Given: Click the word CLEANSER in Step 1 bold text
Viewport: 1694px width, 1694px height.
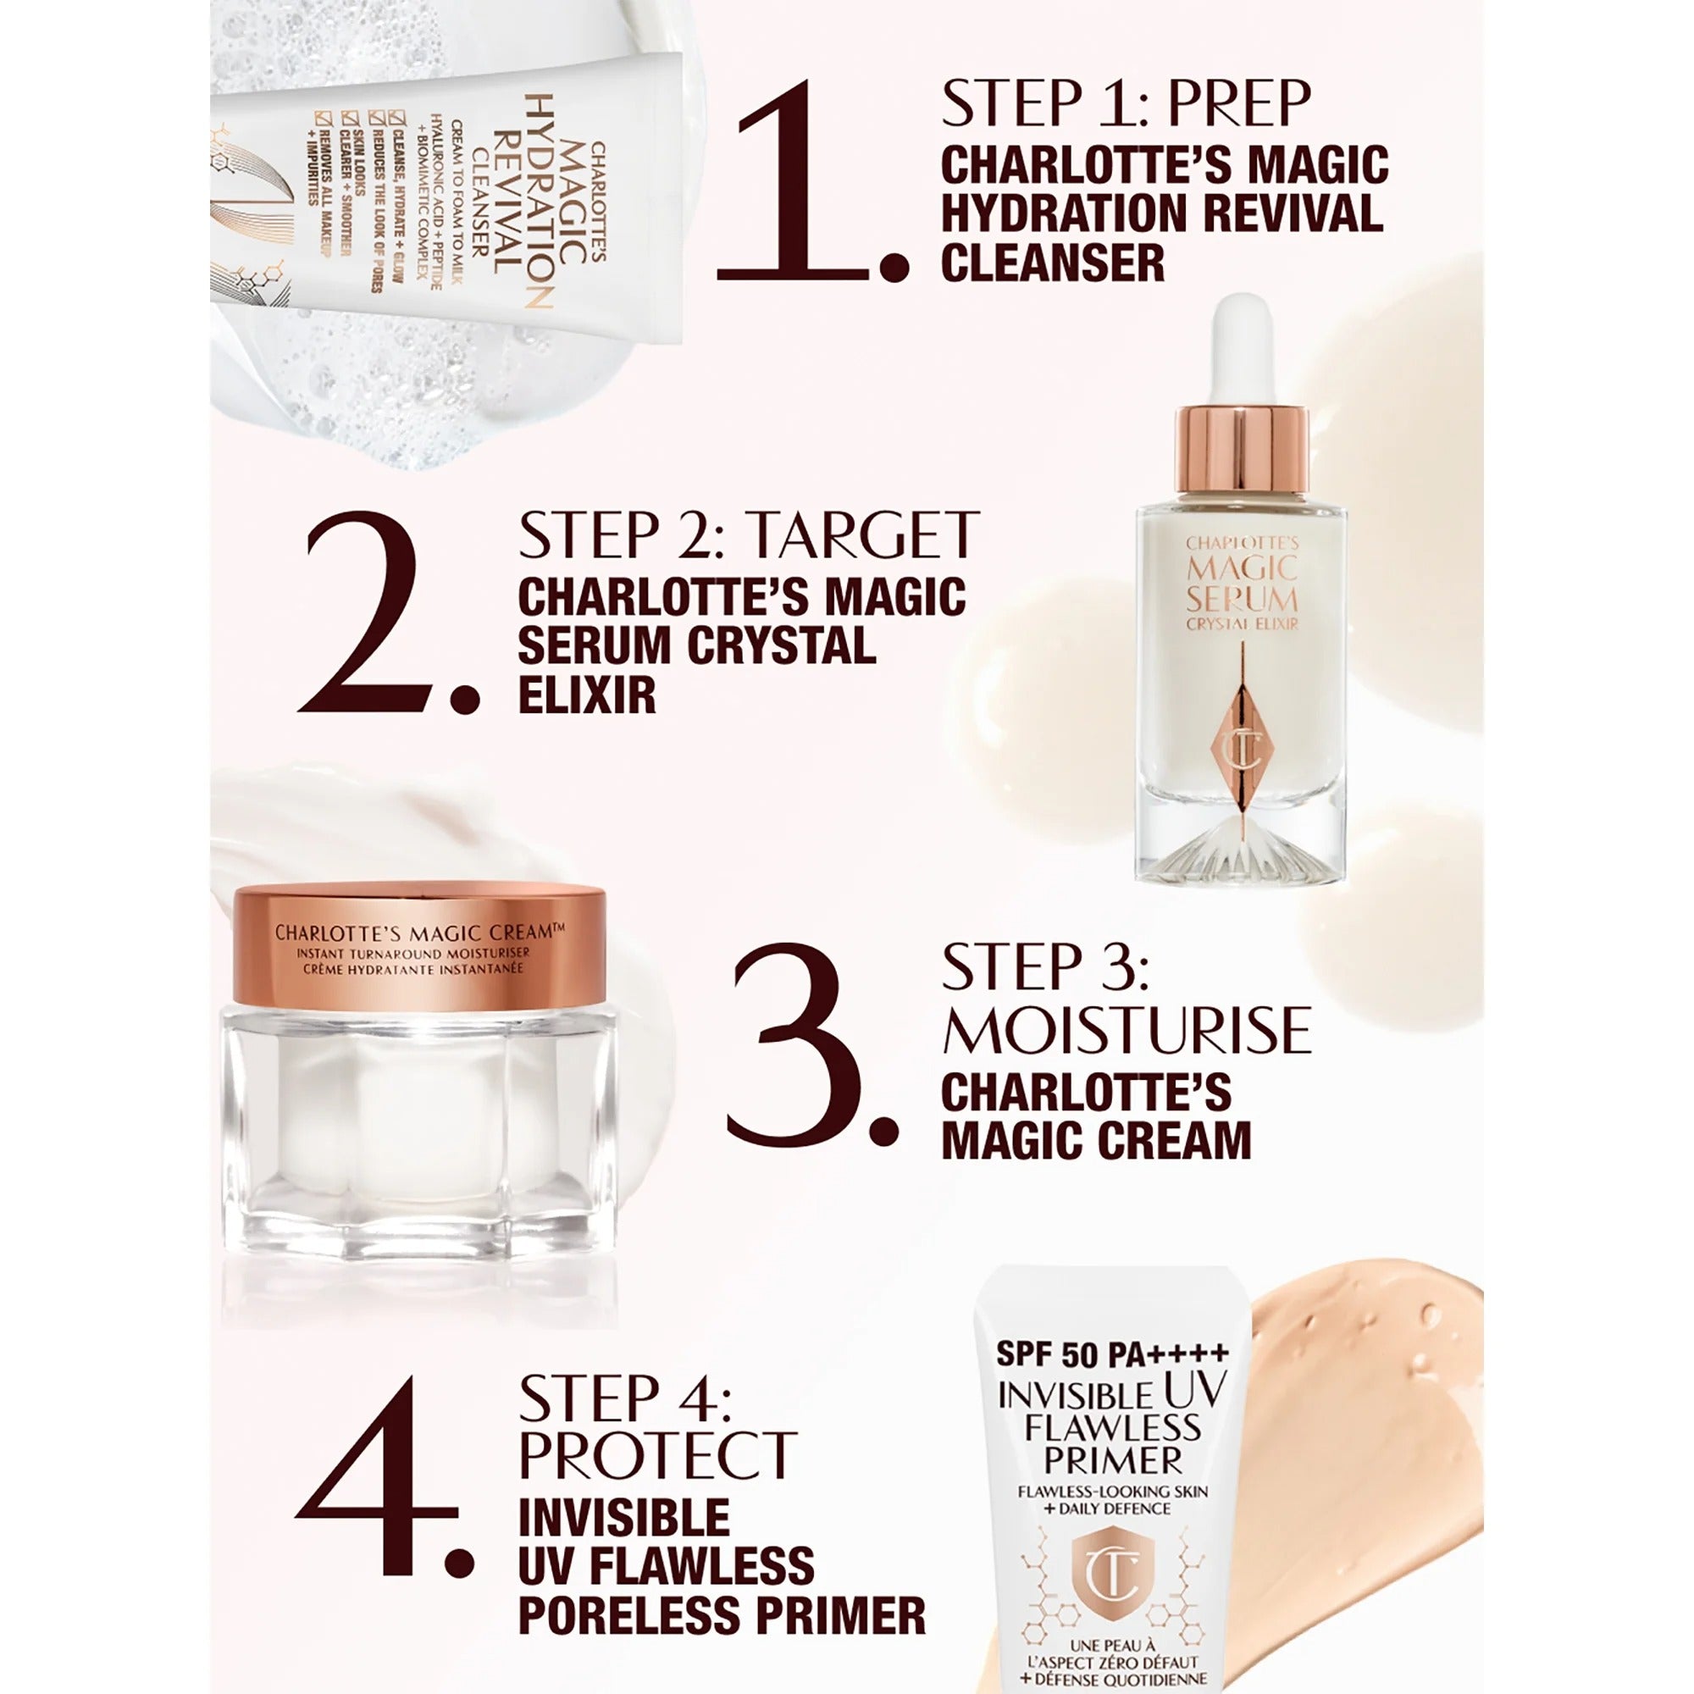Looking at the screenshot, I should pyautogui.click(x=1052, y=263).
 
